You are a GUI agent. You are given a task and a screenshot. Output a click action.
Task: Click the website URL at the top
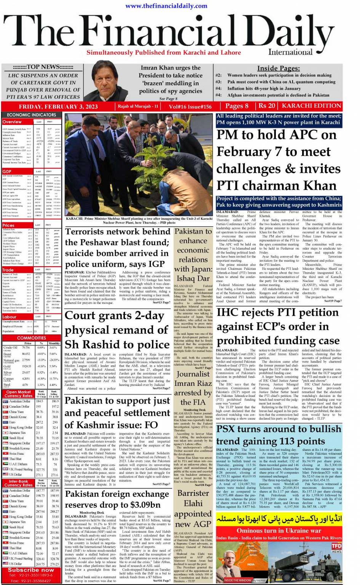[166, 6]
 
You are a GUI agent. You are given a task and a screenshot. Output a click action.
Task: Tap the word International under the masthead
[290, 52]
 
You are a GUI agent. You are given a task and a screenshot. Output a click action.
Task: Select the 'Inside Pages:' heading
[278, 68]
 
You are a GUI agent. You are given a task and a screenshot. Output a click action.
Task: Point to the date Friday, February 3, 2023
[58, 107]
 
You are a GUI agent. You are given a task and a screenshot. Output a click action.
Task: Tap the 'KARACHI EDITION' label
[311, 106]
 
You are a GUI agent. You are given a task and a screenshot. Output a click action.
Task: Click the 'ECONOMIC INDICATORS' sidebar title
[32, 115]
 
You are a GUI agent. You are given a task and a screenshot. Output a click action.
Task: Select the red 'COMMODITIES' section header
[32, 338]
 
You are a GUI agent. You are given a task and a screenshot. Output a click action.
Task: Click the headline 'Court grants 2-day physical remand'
[117, 330]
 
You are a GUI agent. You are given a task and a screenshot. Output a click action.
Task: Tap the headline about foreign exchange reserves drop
[117, 499]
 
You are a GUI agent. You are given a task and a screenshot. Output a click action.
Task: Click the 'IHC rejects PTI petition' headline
[278, 326]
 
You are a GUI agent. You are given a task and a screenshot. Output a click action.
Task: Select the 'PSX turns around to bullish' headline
[278, 435]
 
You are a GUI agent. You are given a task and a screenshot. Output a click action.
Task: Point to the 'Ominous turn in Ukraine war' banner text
[278, 531]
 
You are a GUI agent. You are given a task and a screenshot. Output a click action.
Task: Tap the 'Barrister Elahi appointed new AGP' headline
[193, 508]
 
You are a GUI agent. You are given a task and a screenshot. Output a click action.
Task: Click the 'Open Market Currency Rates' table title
[18, 394]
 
